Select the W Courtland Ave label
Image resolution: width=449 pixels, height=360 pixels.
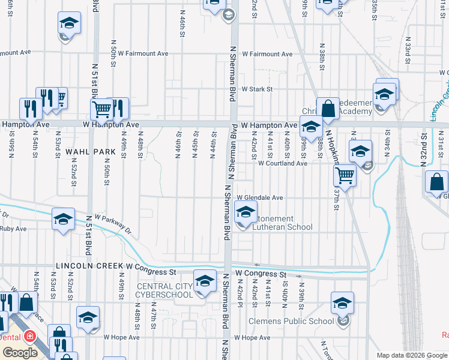(x=283, y=163)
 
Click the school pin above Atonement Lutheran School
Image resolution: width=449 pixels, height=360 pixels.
(x=246, y=212)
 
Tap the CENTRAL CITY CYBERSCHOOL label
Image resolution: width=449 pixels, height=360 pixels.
(x=164, y=290)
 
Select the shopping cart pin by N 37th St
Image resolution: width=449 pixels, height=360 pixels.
(x=345, y=175)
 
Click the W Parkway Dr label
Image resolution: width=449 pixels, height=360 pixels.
(x=113, y=223)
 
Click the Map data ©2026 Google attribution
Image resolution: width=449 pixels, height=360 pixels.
(x=412, y=355)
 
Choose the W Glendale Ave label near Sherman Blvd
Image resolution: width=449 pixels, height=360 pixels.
(x=259, y=197)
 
